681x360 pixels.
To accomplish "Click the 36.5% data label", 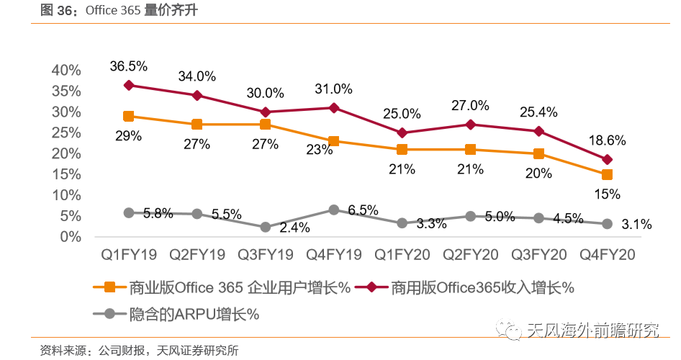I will [x=129, y=66].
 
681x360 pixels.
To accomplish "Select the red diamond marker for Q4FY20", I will [x=607, y=160].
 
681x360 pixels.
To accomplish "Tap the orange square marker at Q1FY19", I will [x=129, y=116].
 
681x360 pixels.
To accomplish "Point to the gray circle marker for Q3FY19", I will [x=265, y=227].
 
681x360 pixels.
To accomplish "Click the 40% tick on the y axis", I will [x=66, y=70].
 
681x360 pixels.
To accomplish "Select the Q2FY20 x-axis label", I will [x=470, y=255].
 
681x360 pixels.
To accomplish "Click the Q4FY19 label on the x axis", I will [x=333, y=255].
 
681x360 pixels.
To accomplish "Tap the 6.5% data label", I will [x=362, y=210].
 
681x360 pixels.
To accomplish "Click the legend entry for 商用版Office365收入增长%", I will [x=482, y=287].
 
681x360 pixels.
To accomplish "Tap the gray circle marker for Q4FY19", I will [x=333, y=210].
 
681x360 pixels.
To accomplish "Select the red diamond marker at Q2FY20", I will [x=470, y=125].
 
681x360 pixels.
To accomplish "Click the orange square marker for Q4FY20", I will [x=607, y=175].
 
